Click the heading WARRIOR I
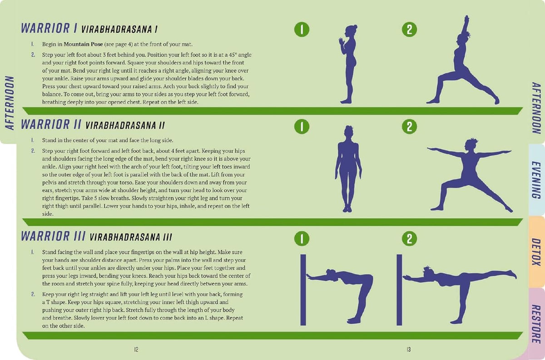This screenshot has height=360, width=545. pyautogui.click(x=49, y=28)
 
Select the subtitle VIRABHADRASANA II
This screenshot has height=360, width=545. pyautogui.click(x=125, y=125)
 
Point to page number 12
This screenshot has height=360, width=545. pyautogui.click(x=136, y=350)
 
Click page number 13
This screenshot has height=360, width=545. pyautogui.click(x=409, y=350)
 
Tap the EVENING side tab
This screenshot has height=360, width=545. pyautogui.click(x=536, y=180)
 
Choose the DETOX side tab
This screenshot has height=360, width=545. pyautogui.click(x=536, y=252)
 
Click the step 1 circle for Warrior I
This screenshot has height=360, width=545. pyautogui.click(x=302, y=30)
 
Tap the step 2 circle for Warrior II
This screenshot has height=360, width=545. pyautogui.click(x=409, y=126)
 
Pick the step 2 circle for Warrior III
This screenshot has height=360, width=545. pyautogui.click(x=409, y=239)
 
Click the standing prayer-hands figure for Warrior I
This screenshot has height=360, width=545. pyautogui.click(x=348, y=64)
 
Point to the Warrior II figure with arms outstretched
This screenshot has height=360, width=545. pyautogui.click(x=468, y=175)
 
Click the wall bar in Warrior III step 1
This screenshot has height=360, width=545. pyautogui.click(x=303, y=290)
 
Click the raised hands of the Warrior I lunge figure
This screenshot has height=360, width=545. pyautogui.click(x=466, y=20)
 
